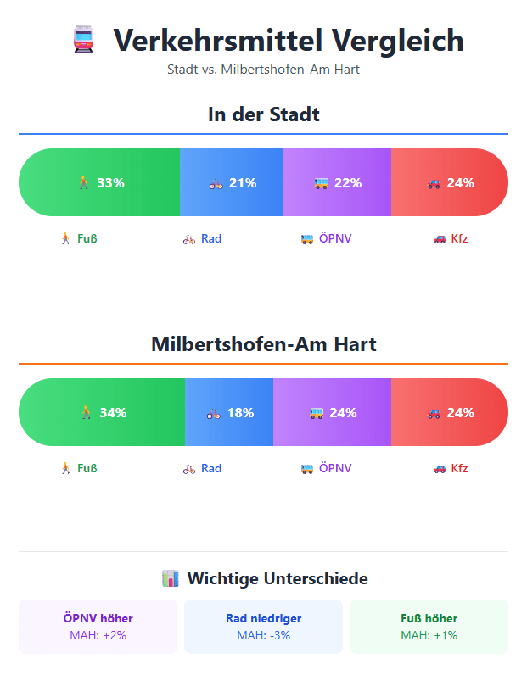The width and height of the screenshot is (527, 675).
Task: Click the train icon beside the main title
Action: click(x=83, y=40)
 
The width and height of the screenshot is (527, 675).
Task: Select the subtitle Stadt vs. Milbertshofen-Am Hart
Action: click(x=263, y=69)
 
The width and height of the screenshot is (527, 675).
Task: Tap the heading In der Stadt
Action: click(x=263, y=114)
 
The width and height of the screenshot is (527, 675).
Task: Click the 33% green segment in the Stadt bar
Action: click(x=99, y=182)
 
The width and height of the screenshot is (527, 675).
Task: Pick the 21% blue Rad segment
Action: click(x=232, y=182)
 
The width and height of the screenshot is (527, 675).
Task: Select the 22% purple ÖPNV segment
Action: click(x=337, y=182)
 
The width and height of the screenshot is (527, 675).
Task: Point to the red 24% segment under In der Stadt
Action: click(x=450, y=182)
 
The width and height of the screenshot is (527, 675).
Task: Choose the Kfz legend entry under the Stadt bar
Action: click(x=451, y=238)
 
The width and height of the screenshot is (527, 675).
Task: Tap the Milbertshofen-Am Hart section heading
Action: click(x=263, y=344)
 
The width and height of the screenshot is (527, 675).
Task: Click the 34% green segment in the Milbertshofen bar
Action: click(x=102, y=413)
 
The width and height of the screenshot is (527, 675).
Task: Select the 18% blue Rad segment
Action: click(x=229, y=413)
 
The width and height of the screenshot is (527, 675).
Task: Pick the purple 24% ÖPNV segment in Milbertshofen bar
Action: click(x=332, y=413)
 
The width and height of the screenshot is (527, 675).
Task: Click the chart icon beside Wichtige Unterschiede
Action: click(x=170, y=579)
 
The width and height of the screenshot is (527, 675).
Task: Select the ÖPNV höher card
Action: click(x=98, y=627)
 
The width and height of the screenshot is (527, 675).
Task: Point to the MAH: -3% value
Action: click(x=263, y=635)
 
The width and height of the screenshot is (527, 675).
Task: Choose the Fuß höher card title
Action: click(x=429, y=618)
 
